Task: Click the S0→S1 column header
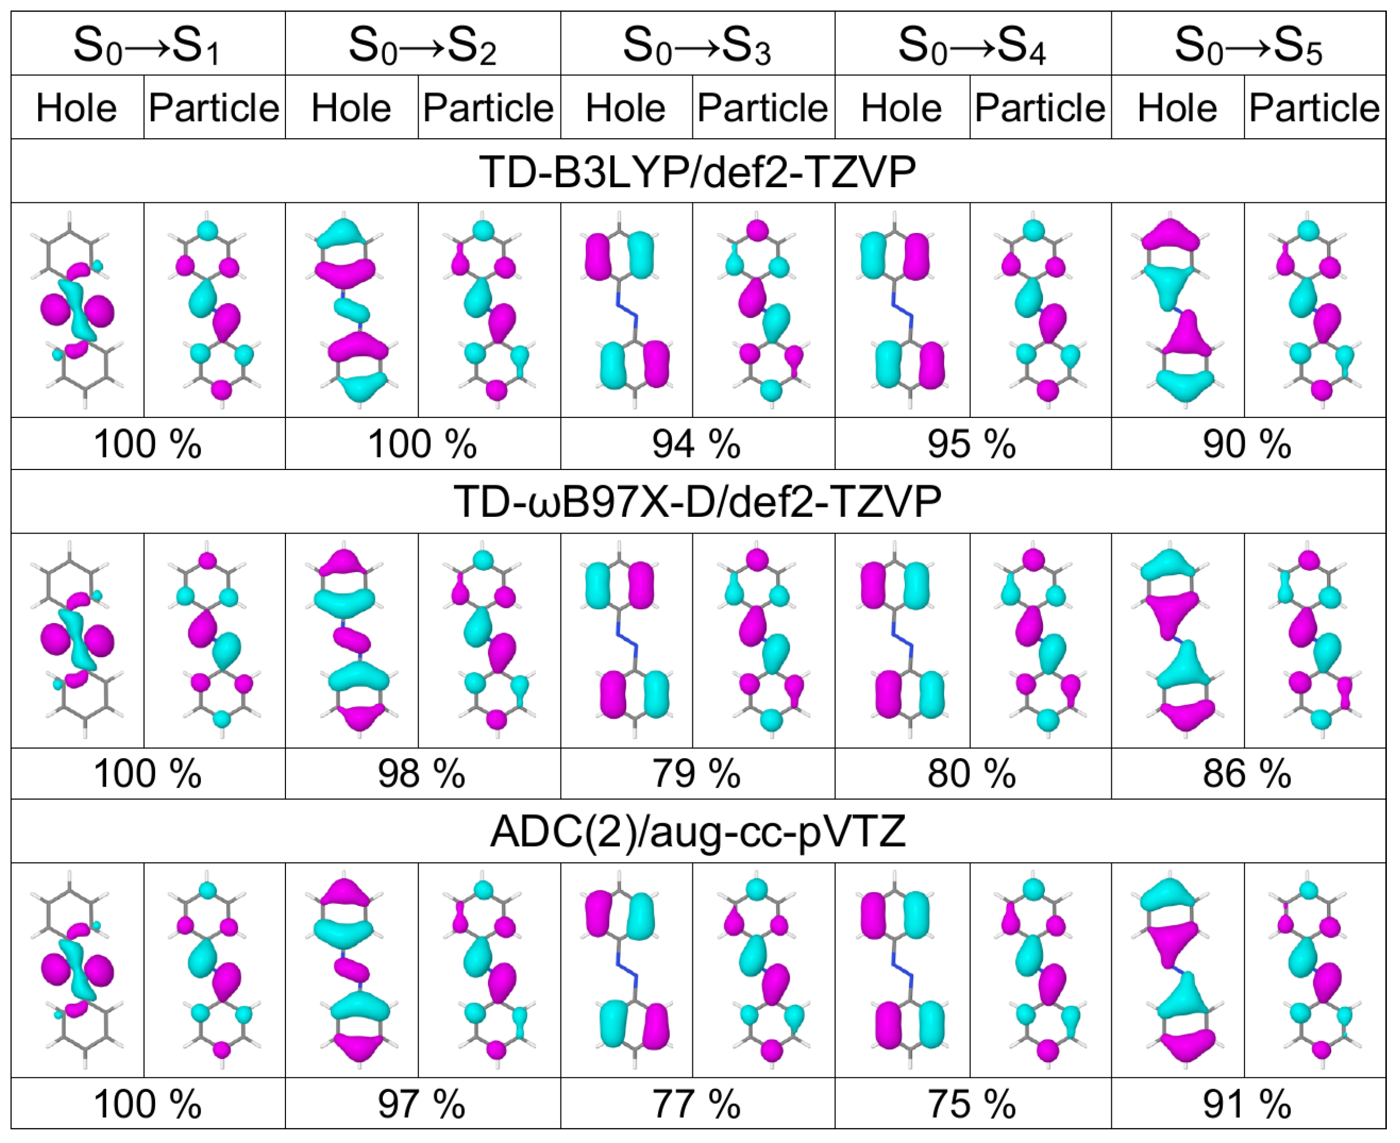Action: (147, 45)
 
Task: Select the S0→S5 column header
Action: (1248, 45)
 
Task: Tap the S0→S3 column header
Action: (697, 45)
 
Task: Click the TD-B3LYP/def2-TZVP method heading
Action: (698, 172)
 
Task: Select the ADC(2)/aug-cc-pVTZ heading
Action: (698, 832)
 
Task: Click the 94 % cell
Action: (697, 444)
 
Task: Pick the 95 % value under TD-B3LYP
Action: (972, 444)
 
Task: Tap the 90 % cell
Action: (1248, 444)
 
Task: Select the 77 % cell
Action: (697, 1104)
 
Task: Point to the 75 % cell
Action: (972, 1104)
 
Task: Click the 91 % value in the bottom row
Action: (1248, 1104)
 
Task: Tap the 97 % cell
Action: (422, 1104)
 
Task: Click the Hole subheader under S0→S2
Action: (352, 107)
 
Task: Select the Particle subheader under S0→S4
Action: (1040, 107)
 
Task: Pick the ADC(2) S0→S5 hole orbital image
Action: (1178, 971)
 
